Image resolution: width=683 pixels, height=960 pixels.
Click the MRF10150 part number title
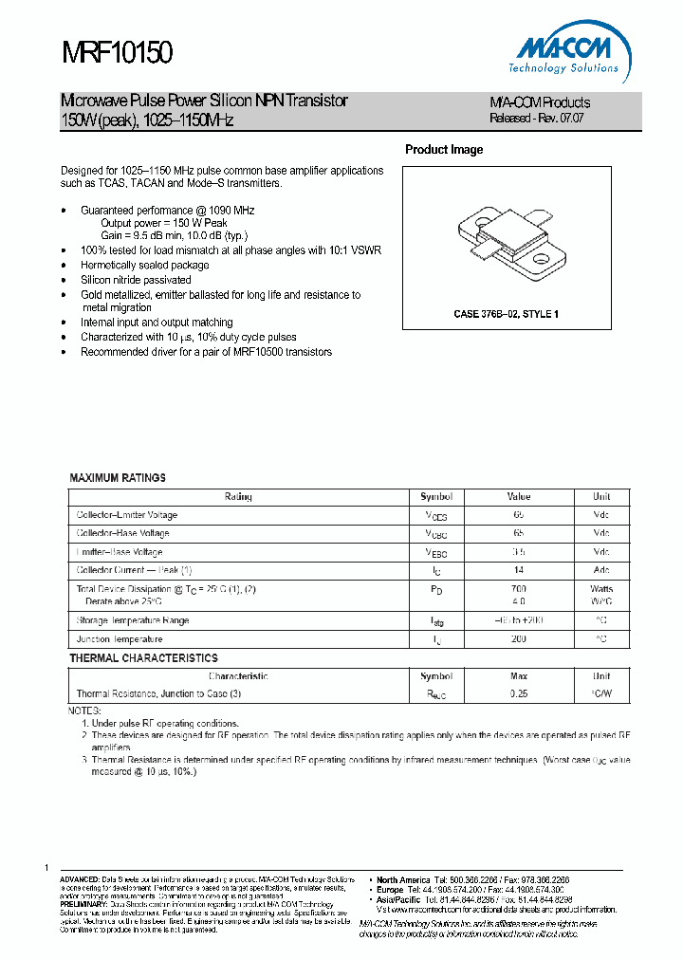(117, 53)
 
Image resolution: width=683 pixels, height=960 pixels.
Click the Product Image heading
(443, 150)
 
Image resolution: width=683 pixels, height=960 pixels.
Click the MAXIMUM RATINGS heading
(118, 478)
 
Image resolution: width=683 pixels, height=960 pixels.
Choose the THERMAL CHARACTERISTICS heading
(143, 657)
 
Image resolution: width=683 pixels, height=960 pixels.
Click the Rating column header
(238, 497)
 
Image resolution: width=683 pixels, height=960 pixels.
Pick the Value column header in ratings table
(519, 497)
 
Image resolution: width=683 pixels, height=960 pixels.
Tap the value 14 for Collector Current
(519, 570)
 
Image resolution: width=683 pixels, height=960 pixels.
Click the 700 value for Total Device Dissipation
(519, 589)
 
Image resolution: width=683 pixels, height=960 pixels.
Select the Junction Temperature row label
(120, 639)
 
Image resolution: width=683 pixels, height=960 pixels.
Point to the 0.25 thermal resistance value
(519, 693)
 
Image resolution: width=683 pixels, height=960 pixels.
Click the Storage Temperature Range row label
(133, 620)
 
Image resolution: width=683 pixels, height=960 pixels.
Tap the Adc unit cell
(601, 570)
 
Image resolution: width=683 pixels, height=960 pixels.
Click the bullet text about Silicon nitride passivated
(136, 280)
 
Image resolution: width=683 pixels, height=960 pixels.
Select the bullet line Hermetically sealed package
(144, 266)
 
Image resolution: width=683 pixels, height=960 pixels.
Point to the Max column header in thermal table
(519, 676)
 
